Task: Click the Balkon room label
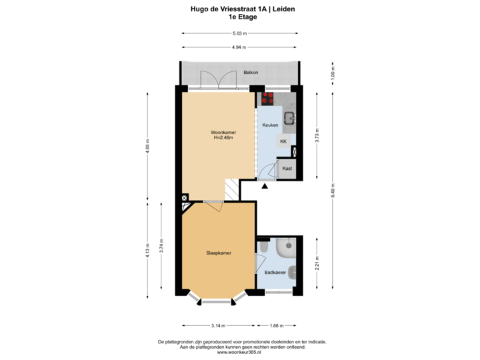coord(251,71)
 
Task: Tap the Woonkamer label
coord(223,133)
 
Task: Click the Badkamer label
coord(275,273)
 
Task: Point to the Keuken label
coord(270,125)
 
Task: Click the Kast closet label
coord(287,169)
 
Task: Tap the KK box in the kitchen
coord(283,142)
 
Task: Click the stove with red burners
coord(269,98)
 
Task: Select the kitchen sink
coord(290,119)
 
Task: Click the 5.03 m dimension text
coord(239,33)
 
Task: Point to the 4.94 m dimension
coord(239,47)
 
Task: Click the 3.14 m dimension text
coord(218,325)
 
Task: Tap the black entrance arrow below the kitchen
coord(265,186)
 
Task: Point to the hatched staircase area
coord(231,189)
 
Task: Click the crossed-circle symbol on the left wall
coord(184,198)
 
